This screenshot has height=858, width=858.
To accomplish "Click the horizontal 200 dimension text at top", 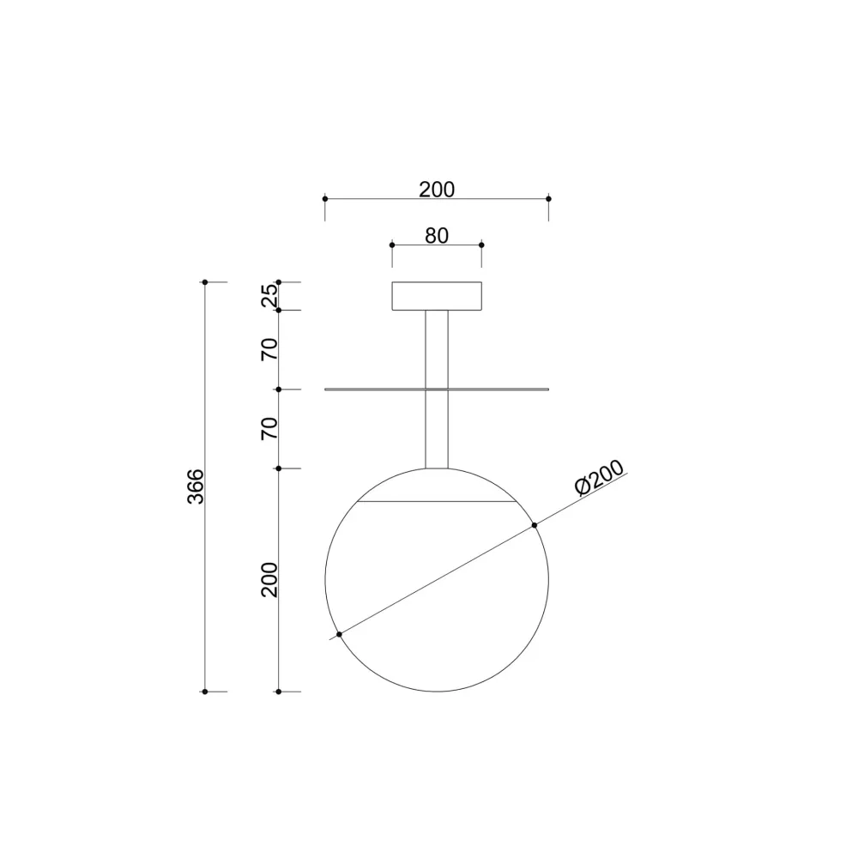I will click(x=437, y=190).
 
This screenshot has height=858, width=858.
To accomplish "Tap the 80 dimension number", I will click(x=437, y=235).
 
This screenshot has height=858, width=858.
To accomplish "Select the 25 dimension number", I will click(x=270, y=295).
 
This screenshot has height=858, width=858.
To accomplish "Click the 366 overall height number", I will click(x=196, y=486).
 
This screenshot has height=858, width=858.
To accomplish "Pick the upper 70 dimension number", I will click(x=270, y=349).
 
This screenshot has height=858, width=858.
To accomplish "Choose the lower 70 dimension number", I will click(x=270, y=428).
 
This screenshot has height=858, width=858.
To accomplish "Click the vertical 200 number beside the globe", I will click(x=270, y=580).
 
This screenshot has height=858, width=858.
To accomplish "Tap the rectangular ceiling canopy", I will click(x=437, y=295).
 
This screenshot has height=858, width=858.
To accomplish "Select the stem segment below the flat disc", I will click(x=437, y=429).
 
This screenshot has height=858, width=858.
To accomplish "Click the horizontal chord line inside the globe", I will click(x=437, y=500).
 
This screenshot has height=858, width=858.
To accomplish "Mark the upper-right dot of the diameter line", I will click(x=535, y=525).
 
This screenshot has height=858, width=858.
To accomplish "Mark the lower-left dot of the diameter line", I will click(x=340, y=634).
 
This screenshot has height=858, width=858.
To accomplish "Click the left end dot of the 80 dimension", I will click(x=392, y=245).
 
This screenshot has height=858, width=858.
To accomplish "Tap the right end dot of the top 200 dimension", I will click(x=548, y=198).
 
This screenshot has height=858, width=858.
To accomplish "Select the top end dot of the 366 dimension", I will click(x=205, y=281).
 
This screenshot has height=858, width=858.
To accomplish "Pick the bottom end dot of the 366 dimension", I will click(x=205, y=691).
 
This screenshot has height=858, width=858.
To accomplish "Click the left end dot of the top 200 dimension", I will click(x=325, y=198).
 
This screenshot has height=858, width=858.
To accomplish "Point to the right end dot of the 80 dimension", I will click(x=481, y=245).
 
